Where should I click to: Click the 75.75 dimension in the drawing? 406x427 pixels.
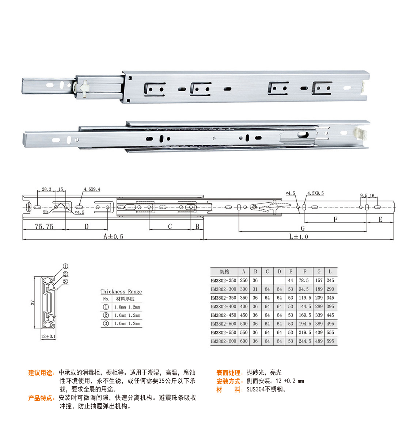pos(44,226)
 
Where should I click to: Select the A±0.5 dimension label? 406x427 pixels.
pos(113,236)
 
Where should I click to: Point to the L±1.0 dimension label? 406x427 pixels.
pos(298,236)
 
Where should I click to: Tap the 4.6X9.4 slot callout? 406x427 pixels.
pos(92,189)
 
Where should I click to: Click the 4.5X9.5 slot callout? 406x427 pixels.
pos(315,193)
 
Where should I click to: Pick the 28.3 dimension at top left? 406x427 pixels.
pos(46,189)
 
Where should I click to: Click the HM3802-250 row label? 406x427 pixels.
pos(224,281)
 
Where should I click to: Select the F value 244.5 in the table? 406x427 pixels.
pos(305,341)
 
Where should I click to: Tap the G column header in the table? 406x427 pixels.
pos(319,271)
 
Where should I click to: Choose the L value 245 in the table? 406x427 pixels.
pos(330,281)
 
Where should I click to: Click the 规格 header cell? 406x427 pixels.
pos(225,271)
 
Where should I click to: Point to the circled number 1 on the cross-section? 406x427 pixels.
pos(65,266)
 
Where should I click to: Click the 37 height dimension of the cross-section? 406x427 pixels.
pos(33,303)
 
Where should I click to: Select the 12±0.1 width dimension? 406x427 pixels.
pos(48,337)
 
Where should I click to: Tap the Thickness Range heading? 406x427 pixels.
pos(121,292)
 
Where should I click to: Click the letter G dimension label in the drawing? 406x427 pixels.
pos(302,228)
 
